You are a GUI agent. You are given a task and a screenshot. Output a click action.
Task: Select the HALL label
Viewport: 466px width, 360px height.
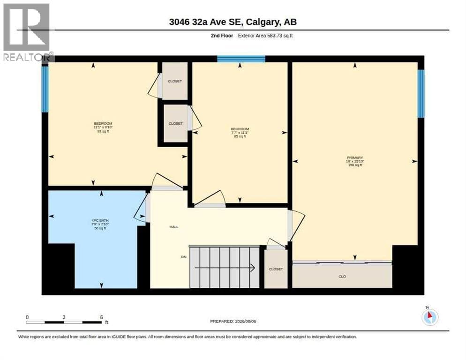click(x=174, y=227)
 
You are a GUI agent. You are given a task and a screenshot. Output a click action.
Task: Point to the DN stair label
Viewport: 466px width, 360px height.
click(x=184, y=257)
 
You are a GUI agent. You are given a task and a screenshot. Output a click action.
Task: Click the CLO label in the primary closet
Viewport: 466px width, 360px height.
click(x=342, y=277)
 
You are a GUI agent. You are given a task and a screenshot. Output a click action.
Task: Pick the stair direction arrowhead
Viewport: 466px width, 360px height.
click(x=253, y=268)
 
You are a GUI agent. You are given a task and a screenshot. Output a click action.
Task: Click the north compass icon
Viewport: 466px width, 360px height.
click(x=430, y=317)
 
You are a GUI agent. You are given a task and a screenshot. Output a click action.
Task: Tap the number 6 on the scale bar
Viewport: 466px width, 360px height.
click(x=101, y=317)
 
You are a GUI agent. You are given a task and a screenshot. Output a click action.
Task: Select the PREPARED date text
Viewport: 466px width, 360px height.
click(x=233, y=322)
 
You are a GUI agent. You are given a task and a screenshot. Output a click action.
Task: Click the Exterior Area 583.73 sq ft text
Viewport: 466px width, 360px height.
click(x=265, y=36)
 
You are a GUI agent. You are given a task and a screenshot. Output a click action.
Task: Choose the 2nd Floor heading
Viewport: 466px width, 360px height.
click(x=222, y=36)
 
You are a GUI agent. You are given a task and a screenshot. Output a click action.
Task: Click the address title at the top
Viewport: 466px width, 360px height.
click(x=233, y=22)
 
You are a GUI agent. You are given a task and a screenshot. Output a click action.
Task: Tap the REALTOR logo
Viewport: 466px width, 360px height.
click(x=27, y=32)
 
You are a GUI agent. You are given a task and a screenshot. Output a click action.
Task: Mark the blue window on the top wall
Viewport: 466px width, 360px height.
click(x=241, y=59)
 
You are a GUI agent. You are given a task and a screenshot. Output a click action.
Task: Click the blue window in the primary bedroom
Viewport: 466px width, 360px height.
click(x=421, y=94)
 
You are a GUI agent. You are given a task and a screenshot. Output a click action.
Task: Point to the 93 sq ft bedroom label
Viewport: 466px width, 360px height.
click(x=103, y=131)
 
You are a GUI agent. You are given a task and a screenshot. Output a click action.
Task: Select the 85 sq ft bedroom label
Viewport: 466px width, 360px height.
click(x=240, y=136)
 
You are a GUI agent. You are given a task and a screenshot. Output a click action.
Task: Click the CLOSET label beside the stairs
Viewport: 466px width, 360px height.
click(x=276, y=269)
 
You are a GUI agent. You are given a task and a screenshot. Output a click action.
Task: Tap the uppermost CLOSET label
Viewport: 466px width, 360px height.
click(x=175, y=81)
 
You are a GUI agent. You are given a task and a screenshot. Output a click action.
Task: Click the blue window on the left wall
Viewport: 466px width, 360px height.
click(x=45, y=89)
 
